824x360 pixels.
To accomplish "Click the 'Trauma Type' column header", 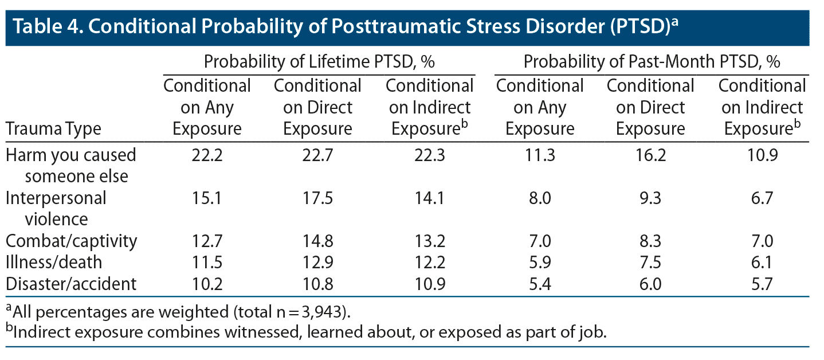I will tap(53, 129).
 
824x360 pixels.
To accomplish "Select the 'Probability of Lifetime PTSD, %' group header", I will tap(319, 62).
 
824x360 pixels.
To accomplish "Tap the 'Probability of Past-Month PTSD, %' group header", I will tap(652, 62).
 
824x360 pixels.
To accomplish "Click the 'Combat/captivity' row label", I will tap(72, 241).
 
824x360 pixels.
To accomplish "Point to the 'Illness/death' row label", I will tap(54, 262).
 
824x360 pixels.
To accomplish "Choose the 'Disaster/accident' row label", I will tap(72, 283).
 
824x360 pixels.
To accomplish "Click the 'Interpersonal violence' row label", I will tap(56, 209).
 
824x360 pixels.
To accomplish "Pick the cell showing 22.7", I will tap(317, 155).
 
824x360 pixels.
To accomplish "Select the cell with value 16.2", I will tap(650, 155).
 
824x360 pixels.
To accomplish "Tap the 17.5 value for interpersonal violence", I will tap(317, 198).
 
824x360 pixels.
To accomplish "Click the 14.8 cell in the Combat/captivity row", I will tap(317, 241).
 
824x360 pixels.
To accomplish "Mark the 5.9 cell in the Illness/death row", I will tap(540, 262).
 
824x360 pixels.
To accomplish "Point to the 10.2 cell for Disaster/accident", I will tap(207, 283).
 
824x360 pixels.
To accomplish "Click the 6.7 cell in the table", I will tap(762, 198).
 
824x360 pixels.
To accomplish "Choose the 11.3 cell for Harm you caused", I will tap(540, 155).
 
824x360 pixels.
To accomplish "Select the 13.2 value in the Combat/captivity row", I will tap(429, 241).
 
